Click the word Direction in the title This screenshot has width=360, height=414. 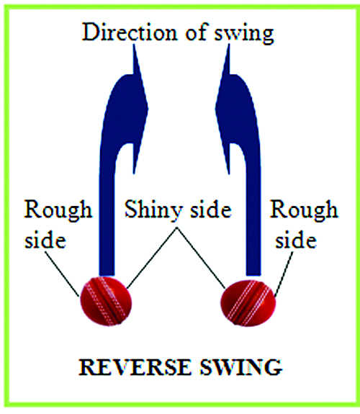coord(130,32)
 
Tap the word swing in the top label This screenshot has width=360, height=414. coord(244,34)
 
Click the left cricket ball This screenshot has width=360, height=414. coord(106,301)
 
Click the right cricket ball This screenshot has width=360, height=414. coord(248,303)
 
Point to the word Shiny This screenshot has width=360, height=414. coord(153,210)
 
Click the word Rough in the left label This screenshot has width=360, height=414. coord(58,210)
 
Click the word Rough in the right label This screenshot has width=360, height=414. coord(304,210)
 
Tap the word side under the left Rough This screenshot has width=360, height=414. coord(45,240)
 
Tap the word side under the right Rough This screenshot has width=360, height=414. coord(296,240)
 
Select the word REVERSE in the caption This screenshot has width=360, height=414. coord(135,367)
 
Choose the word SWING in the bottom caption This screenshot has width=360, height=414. coord(241,367)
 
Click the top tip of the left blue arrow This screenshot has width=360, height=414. coord(134,45)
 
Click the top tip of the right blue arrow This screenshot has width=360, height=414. coord(229,45)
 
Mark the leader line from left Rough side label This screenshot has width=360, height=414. coord(63,274)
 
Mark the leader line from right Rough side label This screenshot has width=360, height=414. coord(284,274)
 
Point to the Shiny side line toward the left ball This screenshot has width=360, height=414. coord(152,258)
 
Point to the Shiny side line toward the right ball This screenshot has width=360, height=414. coord(201,258)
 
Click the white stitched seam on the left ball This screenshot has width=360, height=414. coord(106,301)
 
